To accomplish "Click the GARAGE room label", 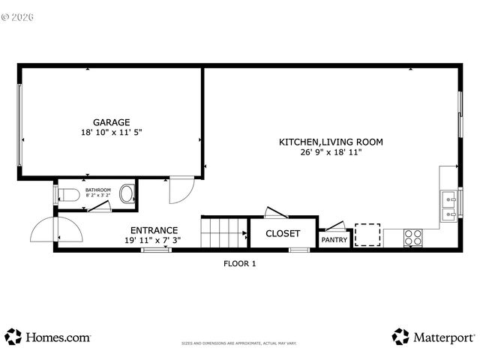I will [x=111, y=122].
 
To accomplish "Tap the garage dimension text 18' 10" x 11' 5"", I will [x=111, y=132].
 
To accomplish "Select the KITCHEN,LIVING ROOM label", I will [x=331, y=142].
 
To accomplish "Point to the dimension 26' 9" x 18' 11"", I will [x=331, y=152].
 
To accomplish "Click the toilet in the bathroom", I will [x=69, y=195].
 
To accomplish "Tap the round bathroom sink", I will [x=127, y=194].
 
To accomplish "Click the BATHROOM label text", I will [x=97, y=190].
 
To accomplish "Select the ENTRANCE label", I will [x=154, y=230].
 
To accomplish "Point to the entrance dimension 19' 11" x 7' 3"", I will [x=153, y=240].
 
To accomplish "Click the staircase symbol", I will [x=224, y=232].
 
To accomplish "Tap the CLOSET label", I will [x=283, y=234].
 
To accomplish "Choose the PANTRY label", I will [x=334, y=240].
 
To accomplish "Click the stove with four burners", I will [x=412, y=238].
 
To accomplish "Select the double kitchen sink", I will [x=450, y=205].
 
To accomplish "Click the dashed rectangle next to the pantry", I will [x=367, y=234].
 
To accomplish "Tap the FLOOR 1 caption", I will [x=240, y=263].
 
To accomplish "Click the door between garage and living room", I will [x=181, y=190].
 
